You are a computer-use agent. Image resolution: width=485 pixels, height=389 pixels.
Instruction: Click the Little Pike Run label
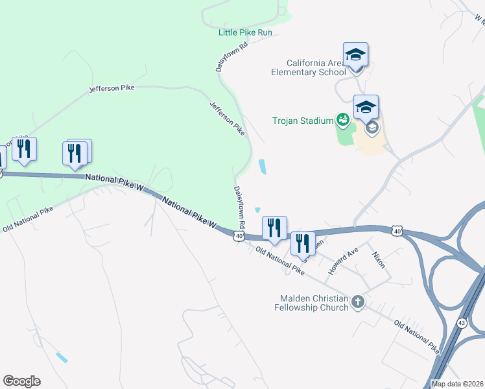coord(245,32)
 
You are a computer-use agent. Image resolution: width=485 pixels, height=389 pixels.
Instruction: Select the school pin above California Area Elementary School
coord(355,54)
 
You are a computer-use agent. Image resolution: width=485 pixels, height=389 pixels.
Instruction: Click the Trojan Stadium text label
coord(303,120)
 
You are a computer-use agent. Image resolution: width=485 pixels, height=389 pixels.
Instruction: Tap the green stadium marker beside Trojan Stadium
coord(342,119)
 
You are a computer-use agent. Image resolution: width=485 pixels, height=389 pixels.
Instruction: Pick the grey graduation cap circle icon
coord(372,128)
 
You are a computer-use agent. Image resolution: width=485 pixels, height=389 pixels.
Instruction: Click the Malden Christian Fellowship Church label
coord(314,303)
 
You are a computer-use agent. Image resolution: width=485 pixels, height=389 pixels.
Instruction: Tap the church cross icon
coord(357,302)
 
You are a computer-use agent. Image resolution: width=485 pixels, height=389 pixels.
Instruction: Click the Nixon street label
coord(378,261)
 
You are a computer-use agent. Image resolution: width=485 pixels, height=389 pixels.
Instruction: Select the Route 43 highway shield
coord(462,322)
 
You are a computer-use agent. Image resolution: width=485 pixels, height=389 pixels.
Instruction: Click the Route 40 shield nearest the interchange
coord(397,230)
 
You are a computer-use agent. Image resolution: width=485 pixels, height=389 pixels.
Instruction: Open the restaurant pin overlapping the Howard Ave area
coord(302,244)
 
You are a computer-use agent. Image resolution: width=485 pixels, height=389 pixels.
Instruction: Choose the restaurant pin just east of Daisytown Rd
coord(274,228)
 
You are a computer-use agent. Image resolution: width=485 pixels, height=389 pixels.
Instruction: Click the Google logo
coord(21,381)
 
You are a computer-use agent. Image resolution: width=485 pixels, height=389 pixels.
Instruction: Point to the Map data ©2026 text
coord(456,384)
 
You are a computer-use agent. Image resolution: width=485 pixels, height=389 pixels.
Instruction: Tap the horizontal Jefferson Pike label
coord(112,88)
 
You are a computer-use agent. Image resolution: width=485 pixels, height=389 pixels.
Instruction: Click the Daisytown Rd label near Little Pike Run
coord(223,58)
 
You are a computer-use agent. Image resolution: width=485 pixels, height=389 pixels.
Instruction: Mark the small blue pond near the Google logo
coord(62,357)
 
